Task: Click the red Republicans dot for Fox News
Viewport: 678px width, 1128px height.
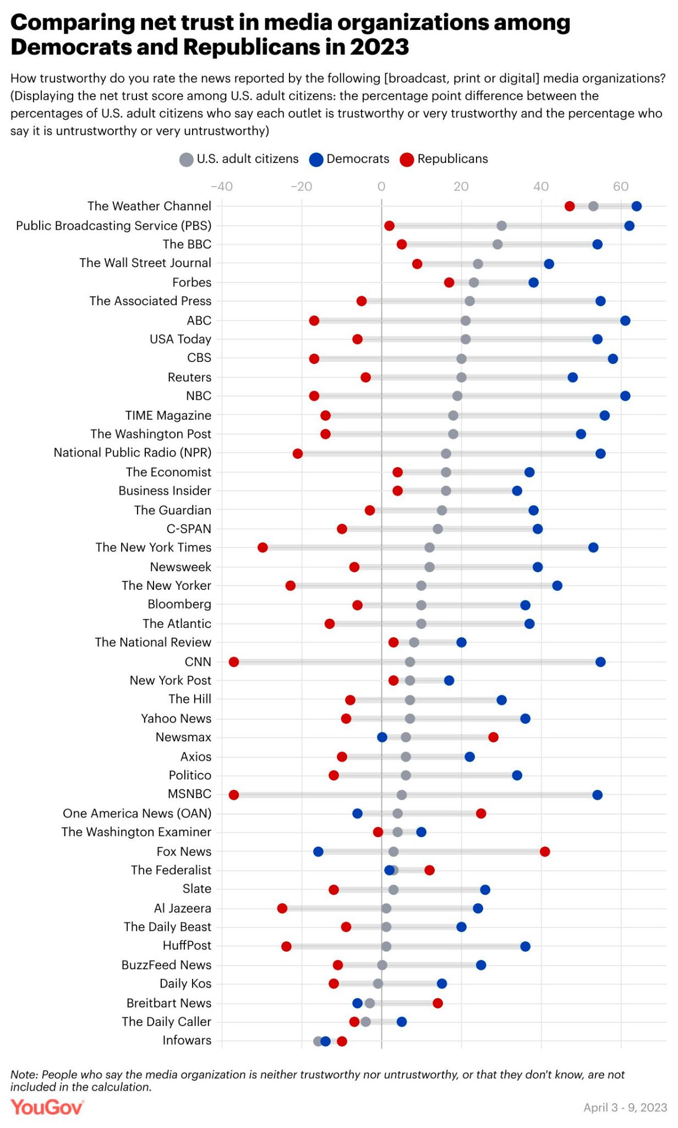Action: pos(545,852)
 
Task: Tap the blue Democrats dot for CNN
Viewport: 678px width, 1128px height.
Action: pos(600,661)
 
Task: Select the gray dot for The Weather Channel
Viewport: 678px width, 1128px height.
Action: pos(593,206)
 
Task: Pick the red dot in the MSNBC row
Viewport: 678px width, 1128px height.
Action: pos(234,795)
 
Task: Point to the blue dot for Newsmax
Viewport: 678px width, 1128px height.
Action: pos(382,737)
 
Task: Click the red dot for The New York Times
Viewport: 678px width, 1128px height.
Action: pos(263,547)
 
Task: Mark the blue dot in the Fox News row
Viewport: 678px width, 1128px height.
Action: pos(318,852)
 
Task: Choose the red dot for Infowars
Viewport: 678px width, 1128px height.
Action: pos(342,1041)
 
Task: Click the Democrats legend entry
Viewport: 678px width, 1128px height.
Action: pos(349,159)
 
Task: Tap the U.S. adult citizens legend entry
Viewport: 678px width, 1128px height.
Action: pos(239,159)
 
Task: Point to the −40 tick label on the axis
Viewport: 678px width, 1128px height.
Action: pos(222,186)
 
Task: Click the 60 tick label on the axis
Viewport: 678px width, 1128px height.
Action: pos(621,186)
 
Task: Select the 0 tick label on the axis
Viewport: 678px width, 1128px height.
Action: pos(381,186)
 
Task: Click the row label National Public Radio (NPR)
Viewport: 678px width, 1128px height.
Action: pos(133,453)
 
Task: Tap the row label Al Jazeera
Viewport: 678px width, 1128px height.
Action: pos(183,908)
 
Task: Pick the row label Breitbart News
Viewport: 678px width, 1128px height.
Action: pos(169,1003)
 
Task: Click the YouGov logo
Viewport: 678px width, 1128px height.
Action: pos(47,1107)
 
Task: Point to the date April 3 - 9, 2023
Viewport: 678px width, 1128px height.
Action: pos(625,1107)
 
